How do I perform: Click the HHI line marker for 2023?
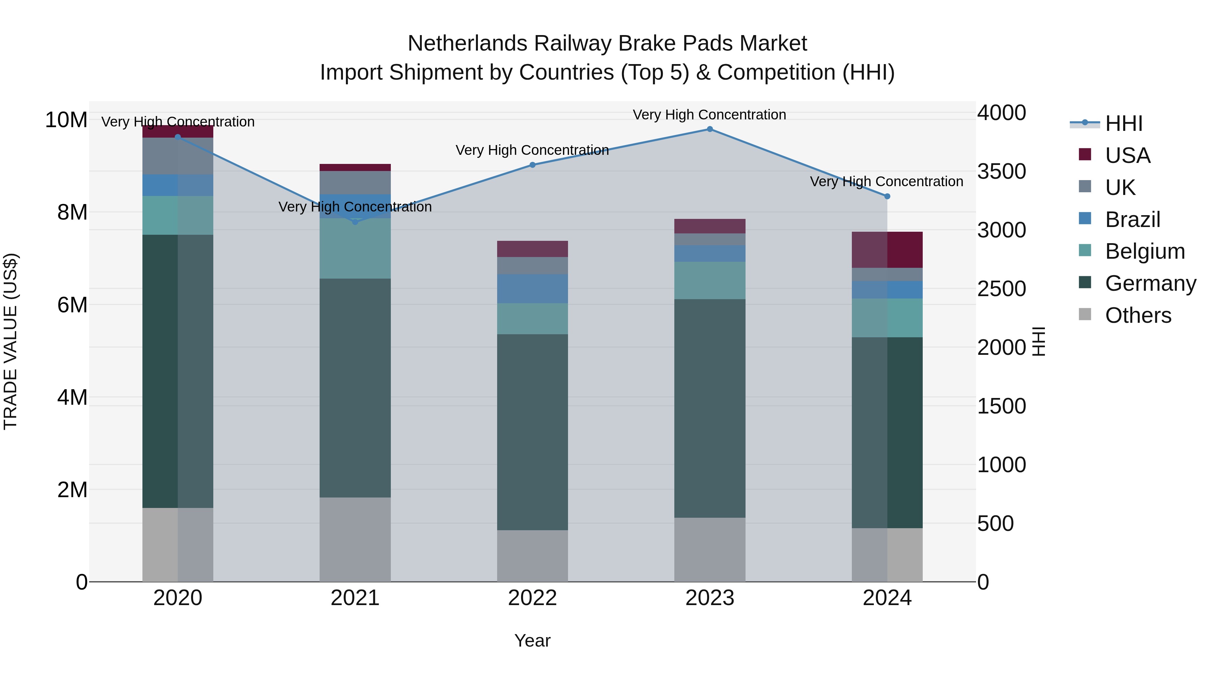[709, 129]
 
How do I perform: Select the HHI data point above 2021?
[355, 222]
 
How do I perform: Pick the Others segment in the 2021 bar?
[355, 539]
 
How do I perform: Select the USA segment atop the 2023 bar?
[709, 226]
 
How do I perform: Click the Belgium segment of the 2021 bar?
[355, 248]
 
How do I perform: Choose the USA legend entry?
[1127, 155]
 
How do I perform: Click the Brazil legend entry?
[1132, 219]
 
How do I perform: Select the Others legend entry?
[1138, 315]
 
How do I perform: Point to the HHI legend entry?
[1124, 123]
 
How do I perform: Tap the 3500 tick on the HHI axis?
[1001, 172]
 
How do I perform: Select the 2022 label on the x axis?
[533, 598]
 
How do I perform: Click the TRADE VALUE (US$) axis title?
[10, 341]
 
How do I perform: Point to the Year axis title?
[533, 641]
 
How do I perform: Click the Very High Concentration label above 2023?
[709, 115]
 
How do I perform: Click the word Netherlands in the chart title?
[467, 44]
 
